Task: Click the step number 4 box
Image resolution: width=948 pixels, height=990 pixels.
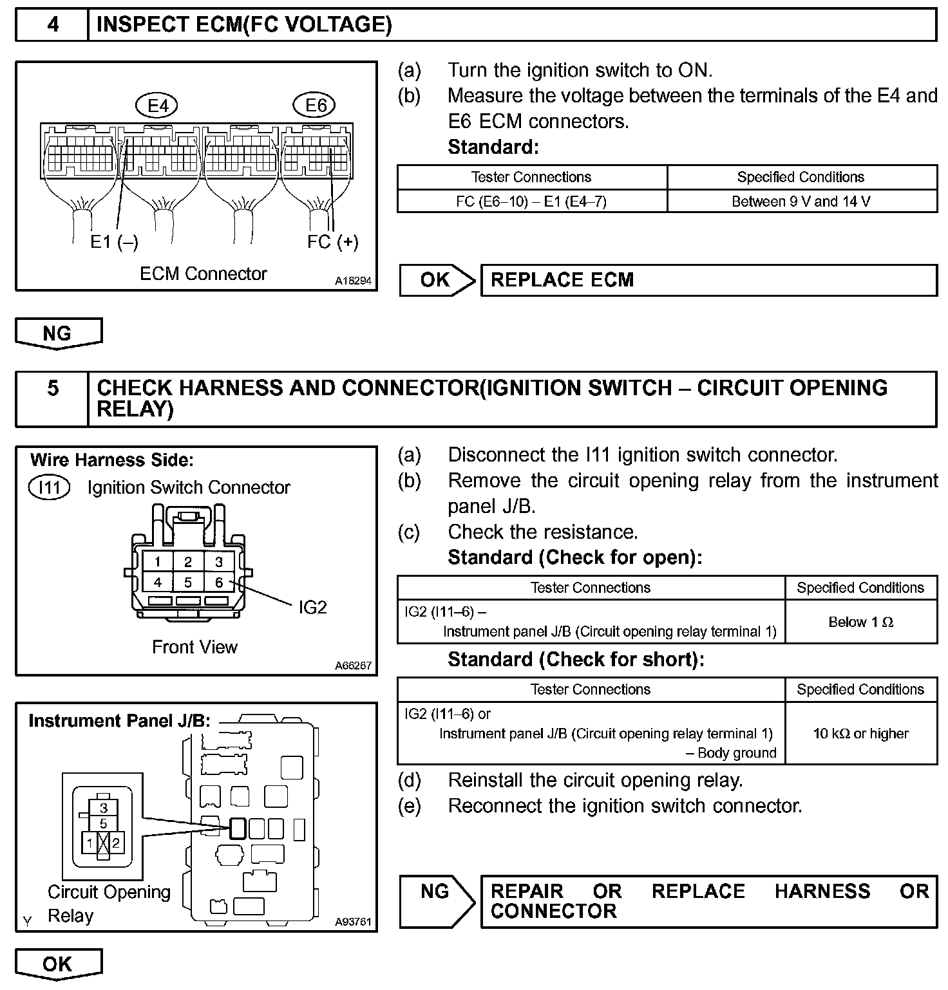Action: (52, 24)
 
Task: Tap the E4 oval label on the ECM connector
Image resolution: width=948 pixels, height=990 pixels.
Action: (157, 106)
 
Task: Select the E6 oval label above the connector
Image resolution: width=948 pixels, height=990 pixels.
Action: (316, 106)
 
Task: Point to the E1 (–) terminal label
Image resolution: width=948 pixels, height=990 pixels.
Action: (114, 242)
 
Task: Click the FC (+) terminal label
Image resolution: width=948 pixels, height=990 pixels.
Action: (332, 242)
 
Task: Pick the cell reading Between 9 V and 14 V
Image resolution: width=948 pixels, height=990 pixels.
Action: (801, 201)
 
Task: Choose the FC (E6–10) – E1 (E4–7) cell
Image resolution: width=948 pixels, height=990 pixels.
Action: (531, 201)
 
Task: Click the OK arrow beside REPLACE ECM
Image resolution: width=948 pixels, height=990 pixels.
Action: (437, 280)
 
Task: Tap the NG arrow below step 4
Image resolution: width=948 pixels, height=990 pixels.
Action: (58, 333)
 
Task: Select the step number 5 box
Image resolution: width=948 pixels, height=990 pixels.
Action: (52, 388)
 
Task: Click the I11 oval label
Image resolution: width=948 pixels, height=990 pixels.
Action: (50, 488)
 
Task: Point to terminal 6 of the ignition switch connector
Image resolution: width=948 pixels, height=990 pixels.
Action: (219, 583)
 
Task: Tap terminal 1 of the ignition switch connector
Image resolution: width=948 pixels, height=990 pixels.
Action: (158, 562)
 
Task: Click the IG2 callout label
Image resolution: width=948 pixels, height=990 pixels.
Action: (313, 607)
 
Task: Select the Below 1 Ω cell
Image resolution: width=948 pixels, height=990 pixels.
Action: (860, 622)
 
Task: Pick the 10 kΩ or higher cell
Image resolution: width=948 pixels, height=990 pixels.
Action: (860, 733)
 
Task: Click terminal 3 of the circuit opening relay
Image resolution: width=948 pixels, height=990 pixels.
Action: (104, 808)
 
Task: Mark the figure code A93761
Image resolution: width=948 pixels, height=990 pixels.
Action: (353, 922)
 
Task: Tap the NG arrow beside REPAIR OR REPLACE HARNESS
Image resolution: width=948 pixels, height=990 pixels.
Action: (437, 892)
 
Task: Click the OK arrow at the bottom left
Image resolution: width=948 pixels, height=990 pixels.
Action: (58, 964)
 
